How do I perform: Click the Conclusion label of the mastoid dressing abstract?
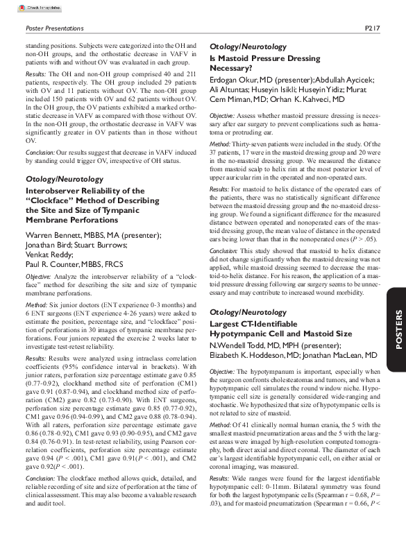(223, 231)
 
